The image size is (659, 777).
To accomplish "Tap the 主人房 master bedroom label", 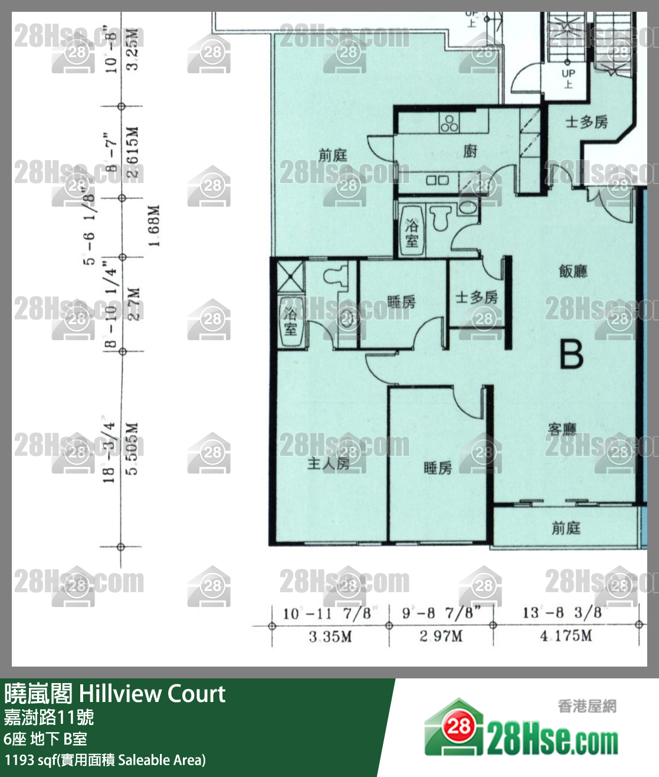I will (x=328, y=463).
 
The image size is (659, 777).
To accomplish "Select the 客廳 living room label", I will (x=562, y=429).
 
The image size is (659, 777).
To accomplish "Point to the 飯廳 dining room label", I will (x=573, y=271).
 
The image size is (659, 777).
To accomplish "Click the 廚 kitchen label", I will (x=470, y=151).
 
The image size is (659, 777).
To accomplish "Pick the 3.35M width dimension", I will (x=330, y=636).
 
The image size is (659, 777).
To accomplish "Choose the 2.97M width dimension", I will (x=441, y=636).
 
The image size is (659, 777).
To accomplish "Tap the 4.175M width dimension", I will (x=566, y=636).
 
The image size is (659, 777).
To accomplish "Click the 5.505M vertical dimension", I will (x=133, y=449).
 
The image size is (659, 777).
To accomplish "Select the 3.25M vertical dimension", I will (x=133, y=48).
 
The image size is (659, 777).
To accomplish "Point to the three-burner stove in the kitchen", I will (x=449, y=123).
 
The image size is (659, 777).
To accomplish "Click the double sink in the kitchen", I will (x=437, y=180).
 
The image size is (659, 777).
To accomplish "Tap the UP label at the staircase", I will (x=568, y=73).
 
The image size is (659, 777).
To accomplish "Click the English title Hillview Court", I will (x=152, y=694).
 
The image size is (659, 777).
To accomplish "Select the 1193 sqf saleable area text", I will (x=105, y=760).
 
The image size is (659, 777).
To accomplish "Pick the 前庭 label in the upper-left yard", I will (x=333, y=155).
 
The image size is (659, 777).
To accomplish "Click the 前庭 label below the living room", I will (x=566, y=528).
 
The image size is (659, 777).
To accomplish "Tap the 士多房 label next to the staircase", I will (x=586, y=122).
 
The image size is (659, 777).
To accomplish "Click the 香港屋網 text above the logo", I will (x=587, y=706).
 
